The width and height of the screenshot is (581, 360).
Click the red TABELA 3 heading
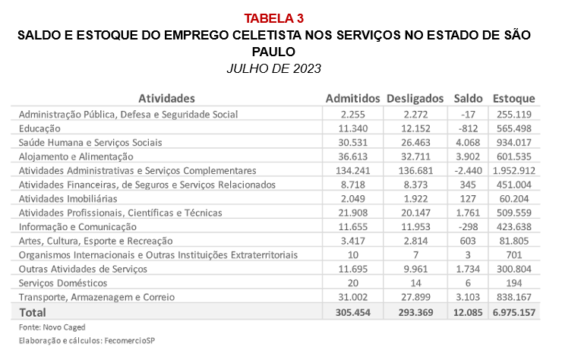click(x=274, y=18)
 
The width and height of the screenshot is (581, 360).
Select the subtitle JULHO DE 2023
click(x=274, y=68)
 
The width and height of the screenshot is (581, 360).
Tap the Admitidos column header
click(x=352, y=99)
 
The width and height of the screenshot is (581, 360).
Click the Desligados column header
click(x=415, y=99)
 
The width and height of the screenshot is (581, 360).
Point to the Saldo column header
click(x=468, y=99)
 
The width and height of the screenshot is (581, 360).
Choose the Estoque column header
click(x=513, y=99)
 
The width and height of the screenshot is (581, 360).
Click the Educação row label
click(x=39, y=128)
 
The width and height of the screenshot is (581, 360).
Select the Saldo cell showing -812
click(x=468, y=128)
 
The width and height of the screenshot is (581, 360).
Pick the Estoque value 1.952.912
click(x=514, y=171)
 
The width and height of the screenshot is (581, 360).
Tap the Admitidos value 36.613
click(x=352, y=156)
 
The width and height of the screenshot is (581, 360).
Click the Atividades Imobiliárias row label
click(x=68, y=199)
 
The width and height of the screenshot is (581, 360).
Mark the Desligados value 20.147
click(x=415, y=213)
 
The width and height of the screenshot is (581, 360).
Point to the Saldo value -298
click(x=468, y=226)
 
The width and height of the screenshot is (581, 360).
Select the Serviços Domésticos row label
click(x=63, y=283)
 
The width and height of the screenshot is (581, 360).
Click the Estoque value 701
click(x=514, y=255)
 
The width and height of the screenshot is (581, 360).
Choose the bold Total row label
click(x=33, y=313)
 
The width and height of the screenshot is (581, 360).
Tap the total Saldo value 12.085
click(x=468, y=313)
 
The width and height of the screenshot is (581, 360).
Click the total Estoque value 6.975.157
click(x=514, y=313)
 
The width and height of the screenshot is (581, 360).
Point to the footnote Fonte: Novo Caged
click(x=52, y=327)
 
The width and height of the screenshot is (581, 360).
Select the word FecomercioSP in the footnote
click(x=130, y=340)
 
